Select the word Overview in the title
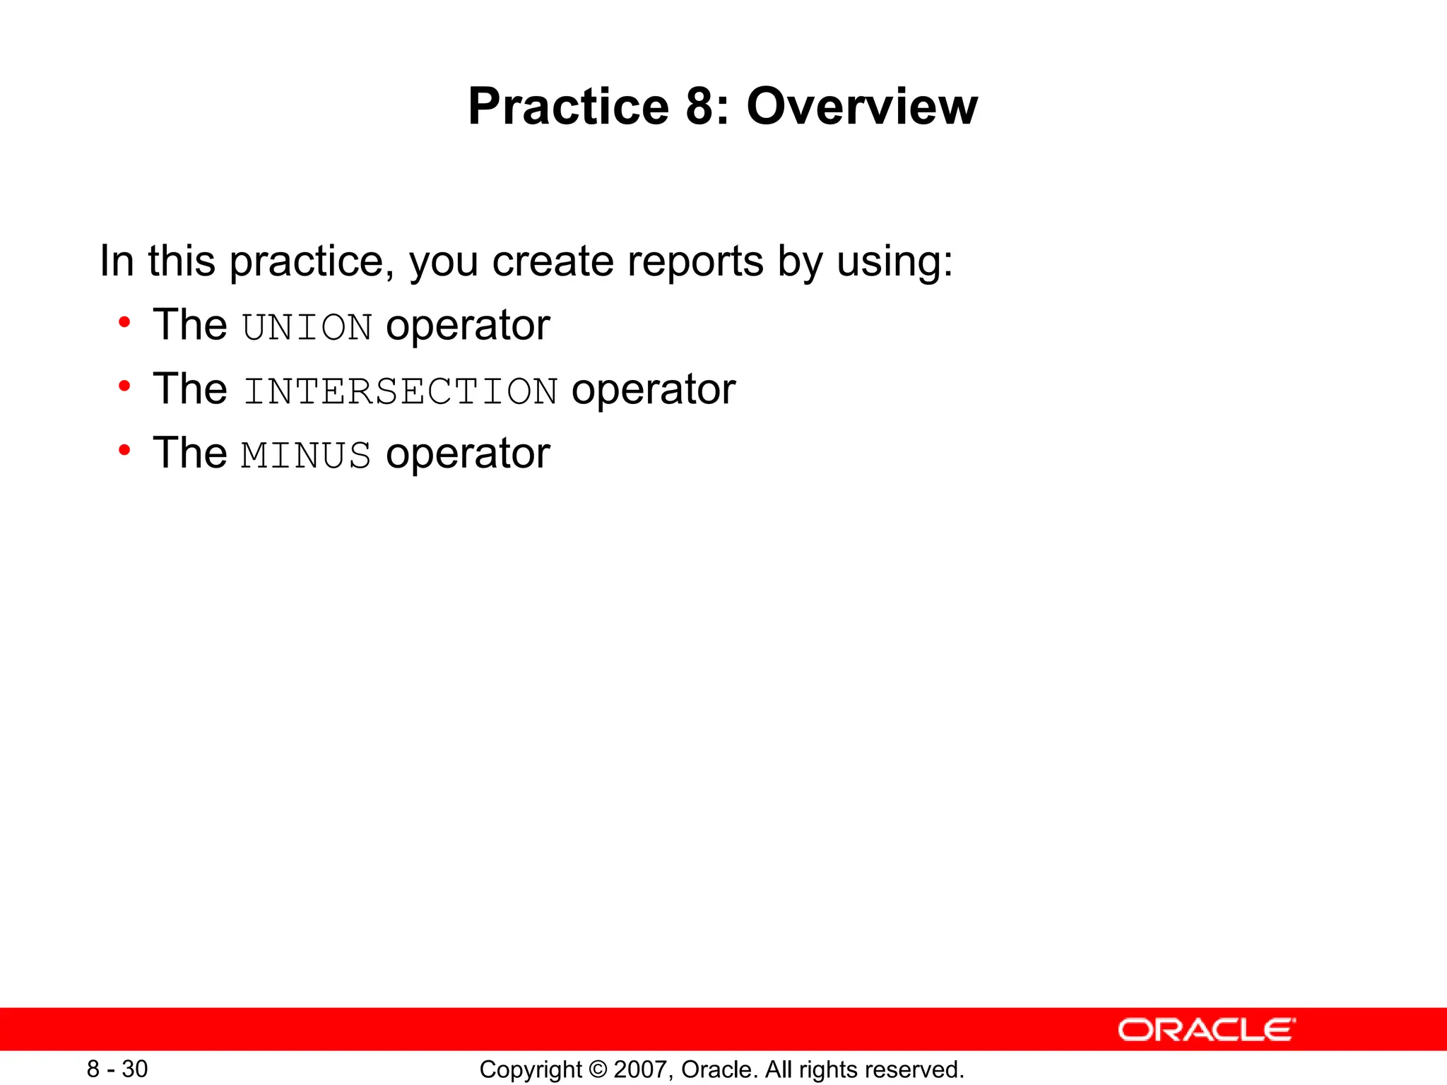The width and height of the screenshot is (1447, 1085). pos(862,107)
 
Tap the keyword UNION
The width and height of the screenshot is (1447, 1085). pos(307,328)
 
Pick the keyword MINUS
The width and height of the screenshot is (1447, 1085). pos(306,456)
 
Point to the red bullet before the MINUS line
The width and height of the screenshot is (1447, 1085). pos(125,451)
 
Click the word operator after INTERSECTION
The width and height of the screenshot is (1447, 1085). pos(654,391)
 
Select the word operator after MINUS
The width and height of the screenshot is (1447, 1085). pos(468,454)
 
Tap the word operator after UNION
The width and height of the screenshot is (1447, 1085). pos(468,327)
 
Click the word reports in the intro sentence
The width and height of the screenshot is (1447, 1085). pos(695,261)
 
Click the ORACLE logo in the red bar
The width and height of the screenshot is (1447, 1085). pos(1206,1030)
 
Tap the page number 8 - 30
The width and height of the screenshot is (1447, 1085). pos(117,1069)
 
